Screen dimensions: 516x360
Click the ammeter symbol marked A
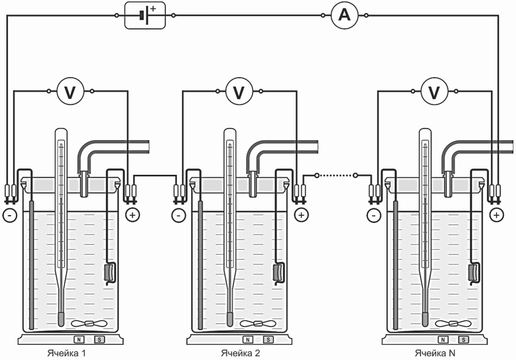[x=344, y=15]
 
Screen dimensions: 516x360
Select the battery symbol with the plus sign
[x=145, y=15]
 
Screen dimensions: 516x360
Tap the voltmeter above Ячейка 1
[x=70, y=91]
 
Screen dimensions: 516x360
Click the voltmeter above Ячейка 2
[x=239, y=91]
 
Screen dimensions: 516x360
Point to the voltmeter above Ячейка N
[x=435, y=91]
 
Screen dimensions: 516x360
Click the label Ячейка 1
[x=67, y=353]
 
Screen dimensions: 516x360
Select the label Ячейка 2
[x=240, y=353]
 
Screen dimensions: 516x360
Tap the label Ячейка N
[x=435, y=353]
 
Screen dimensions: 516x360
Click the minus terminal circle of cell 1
[x=9, y=216]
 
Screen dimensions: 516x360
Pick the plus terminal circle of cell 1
[x=133, y=216]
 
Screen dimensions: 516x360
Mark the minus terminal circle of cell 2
[x=178, y=216]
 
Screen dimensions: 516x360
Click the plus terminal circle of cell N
[x=496, y=216]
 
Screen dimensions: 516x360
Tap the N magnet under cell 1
[x=79, y=340]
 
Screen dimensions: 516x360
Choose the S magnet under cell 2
[x=268, y=340]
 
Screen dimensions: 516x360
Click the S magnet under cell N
[x=464, y=340]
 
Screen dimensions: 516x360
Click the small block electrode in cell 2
[x=278, y=272]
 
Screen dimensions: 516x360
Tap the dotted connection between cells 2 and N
[x=336, y=175]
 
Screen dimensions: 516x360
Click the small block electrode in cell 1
[x=109, y=272]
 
